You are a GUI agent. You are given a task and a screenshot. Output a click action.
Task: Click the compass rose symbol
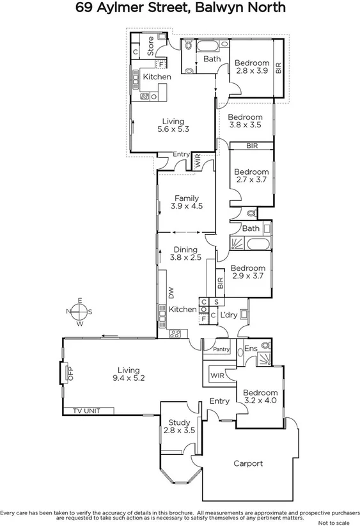[x=79, y=312]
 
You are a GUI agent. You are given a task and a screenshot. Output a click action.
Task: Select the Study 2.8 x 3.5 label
[x=179, y=426]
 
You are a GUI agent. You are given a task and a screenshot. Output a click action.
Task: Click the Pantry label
[x=221, y=349]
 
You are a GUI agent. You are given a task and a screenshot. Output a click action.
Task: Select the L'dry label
[x=229, y=315]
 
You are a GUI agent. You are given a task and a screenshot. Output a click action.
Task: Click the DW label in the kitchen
[x=171, y=292]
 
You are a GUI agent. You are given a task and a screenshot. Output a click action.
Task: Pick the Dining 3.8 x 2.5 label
[x=185, y=253]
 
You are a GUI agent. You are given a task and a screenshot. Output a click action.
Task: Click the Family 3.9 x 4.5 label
[x=185, y=202]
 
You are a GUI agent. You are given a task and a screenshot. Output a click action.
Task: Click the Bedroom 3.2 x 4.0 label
[x=260, y=397]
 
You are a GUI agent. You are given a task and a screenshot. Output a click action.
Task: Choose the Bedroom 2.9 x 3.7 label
[x=248, y=272]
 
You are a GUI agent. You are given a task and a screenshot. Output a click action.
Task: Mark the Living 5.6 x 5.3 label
[x=173, y=125]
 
